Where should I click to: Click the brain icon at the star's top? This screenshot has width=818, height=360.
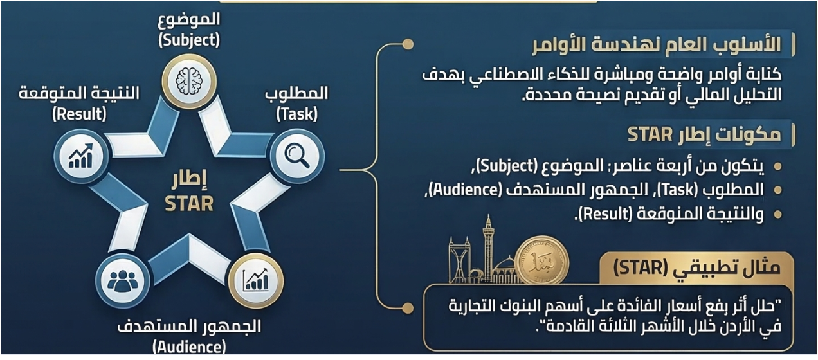click(x=189, y=81)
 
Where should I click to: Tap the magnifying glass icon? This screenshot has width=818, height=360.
click(x=297, y=156)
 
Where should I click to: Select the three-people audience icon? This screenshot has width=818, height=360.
click(x=122, y=281)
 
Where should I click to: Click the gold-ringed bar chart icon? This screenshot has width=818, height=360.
click(x=256, y=280)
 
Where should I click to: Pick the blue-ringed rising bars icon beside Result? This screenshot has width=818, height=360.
click(x=80, y=156)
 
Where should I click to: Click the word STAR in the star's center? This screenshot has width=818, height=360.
click(x=189, y=204)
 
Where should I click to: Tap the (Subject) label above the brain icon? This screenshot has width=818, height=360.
click(x=189, y=40)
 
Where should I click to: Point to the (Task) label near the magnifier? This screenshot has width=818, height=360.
click(x=297, y=114)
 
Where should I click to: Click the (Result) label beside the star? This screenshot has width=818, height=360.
click(x=79, y=114)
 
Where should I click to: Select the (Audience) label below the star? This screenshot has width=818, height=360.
click(x=189, y=346)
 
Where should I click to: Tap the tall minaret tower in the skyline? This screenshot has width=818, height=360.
click(x=488, y=248)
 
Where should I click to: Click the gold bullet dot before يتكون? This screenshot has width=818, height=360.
click(x=778, y=166)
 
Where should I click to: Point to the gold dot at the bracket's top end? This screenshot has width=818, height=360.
click(x=408, y=44)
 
